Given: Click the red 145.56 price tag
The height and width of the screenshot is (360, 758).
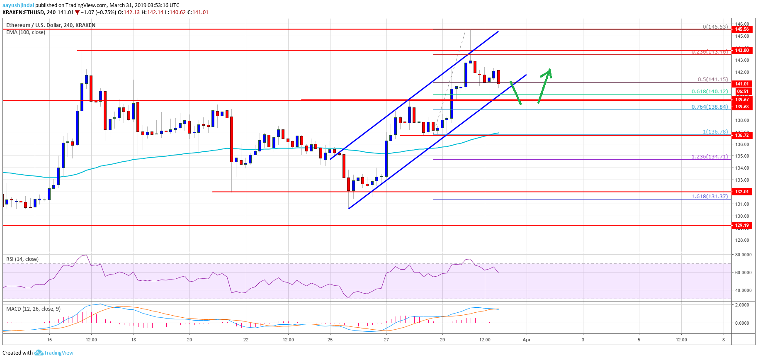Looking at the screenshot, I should point(742,29).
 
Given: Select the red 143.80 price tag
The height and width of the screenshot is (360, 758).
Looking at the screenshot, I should point(742,50).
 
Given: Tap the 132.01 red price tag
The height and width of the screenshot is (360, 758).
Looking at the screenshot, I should point(742,192).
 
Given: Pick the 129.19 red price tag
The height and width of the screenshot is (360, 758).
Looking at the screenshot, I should point(742,225).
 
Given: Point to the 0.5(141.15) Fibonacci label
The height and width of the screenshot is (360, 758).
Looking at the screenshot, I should point(712,79).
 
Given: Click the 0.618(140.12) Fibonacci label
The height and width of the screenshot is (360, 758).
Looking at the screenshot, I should point(709,92).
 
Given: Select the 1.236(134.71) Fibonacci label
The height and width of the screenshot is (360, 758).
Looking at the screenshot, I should point(709,156).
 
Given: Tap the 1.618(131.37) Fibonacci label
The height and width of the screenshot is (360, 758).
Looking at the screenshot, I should point(709,196).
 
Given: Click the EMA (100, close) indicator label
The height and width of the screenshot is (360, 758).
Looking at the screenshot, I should point(26,32).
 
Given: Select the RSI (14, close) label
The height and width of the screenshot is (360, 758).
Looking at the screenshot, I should point(22,259).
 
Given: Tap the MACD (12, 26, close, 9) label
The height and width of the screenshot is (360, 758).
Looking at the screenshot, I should point(33,309).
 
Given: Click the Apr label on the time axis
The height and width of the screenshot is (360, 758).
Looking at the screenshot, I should point(527,340).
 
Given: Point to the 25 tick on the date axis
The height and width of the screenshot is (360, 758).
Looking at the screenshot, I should point(330,340).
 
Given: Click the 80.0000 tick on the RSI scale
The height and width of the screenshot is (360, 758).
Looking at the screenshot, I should point(743,255).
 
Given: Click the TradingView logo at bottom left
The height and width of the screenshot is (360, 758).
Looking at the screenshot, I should point(53,353).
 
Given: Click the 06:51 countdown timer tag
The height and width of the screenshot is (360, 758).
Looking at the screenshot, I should point(742,91).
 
